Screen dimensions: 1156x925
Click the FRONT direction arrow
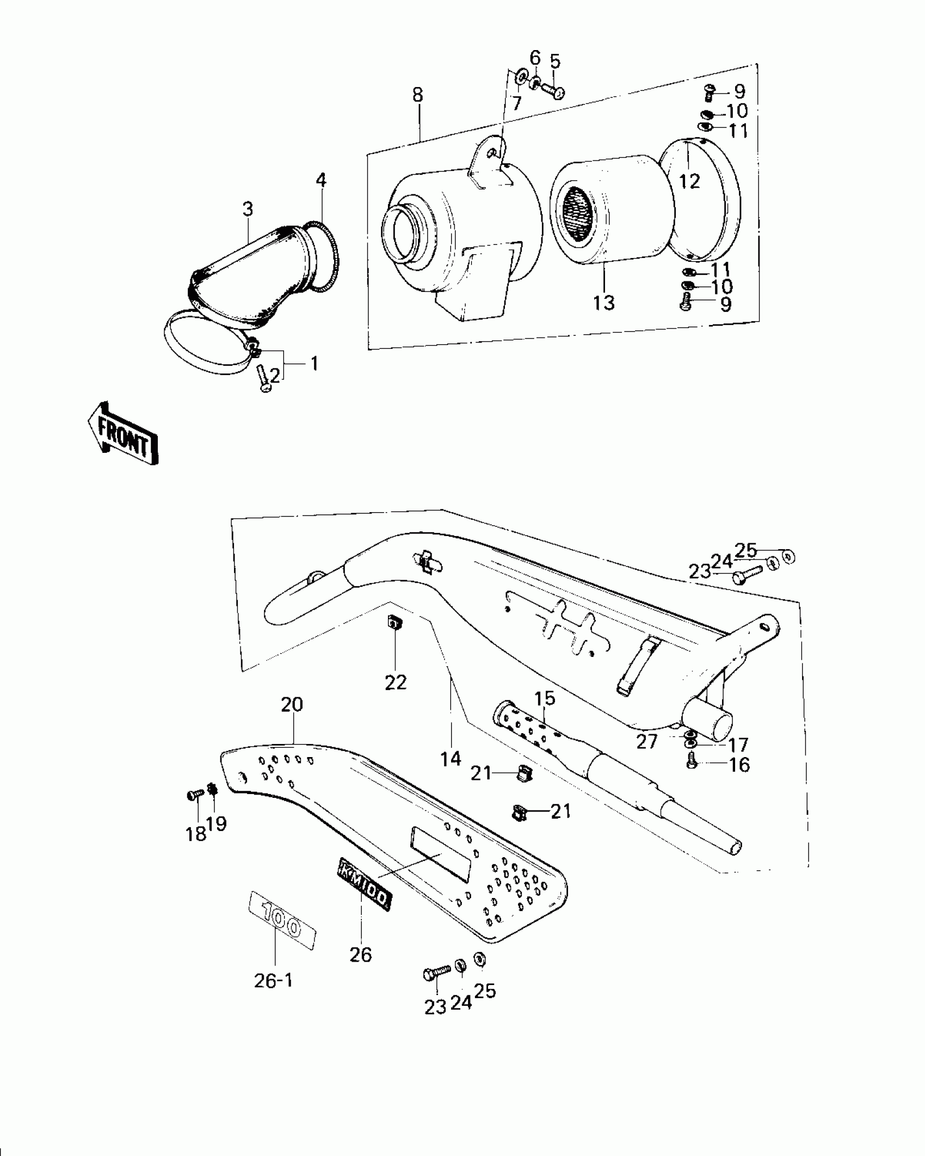pos(123,433)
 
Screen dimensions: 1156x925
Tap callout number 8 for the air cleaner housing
pos(417,95)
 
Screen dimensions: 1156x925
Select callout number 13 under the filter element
pos(604,303)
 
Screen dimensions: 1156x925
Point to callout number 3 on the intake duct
pos(248,208)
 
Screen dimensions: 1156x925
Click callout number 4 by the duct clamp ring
pos(321,180)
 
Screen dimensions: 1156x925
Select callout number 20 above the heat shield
pos(292,705)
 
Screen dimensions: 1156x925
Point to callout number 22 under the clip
pos(396,682)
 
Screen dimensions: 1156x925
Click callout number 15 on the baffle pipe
pos(545,698)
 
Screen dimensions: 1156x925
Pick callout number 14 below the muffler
pos(451,758)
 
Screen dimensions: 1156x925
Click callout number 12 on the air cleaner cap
pos(689,181)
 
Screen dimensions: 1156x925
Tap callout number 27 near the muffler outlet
pos(647,741)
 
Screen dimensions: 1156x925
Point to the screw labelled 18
pos(194,795)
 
